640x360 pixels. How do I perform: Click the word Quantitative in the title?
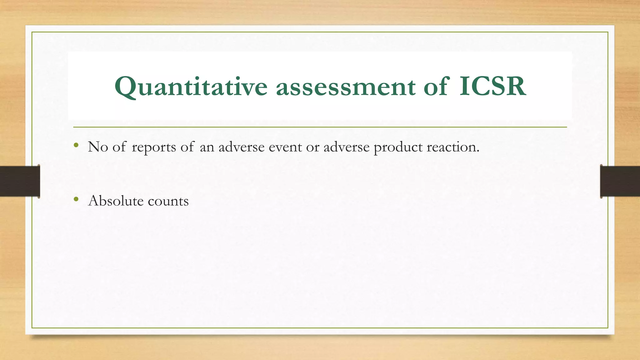tap(191, 87)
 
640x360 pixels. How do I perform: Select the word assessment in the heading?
tap(345, 87)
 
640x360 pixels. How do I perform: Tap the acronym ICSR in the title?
tap(492, 87)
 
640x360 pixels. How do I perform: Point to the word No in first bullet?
tap(98, 147)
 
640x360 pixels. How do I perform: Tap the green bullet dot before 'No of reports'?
tap(76, 145)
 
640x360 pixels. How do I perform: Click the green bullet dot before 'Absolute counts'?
tap(76, 199)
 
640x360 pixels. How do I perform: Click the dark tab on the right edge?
tap(620, 181)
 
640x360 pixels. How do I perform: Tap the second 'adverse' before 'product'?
tap(346, 147)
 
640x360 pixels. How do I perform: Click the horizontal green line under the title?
tap(320, 127)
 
